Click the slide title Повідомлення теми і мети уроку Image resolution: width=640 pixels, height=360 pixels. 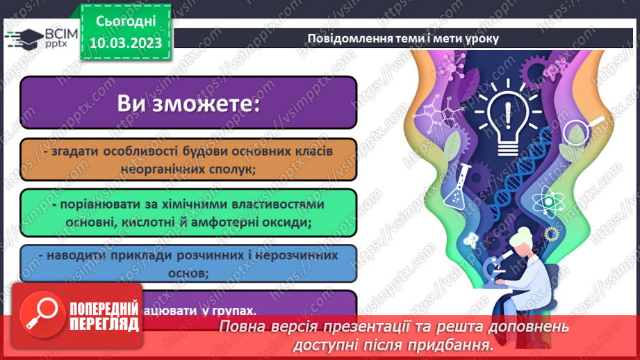[x=404, y=38]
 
